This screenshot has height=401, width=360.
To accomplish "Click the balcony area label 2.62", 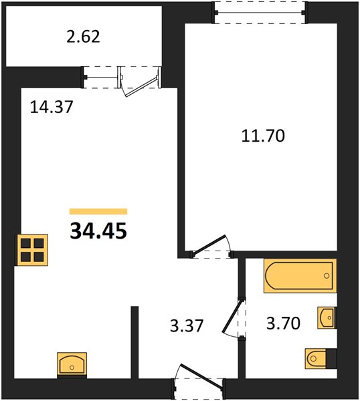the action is tap(83, 37).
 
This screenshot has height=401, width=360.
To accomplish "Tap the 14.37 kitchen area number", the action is tap(52, 107).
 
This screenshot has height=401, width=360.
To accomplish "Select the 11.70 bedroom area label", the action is tap(263, 136).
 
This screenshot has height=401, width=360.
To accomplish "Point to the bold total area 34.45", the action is tap(98, 231).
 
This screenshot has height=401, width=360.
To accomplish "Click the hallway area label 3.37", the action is tap(187, 325).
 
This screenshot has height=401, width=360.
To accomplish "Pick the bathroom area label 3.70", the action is tap(283, 323).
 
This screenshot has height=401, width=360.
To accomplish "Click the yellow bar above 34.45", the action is tap(98, 211).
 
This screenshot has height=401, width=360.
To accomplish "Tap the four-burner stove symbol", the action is tap(32, 250).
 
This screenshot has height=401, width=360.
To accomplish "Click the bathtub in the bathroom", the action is tap(300, 275).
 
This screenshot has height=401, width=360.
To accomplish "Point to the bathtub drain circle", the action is tap(326, 275).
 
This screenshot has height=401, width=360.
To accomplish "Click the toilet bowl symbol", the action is tap(316, 358).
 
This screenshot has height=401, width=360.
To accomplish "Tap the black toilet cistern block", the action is tap(332, 358).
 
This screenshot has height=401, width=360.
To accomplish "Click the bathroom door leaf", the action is tap(232, 317).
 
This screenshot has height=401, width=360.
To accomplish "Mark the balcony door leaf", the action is tap(141, 86).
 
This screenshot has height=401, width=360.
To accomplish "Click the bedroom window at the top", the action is tap(260, 13).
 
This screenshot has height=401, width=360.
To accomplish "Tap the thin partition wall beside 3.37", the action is tap(134, 342).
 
